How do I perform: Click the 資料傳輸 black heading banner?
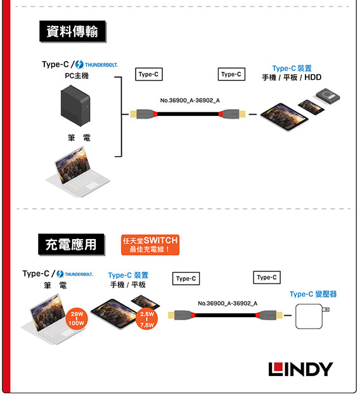(x=72, y=32)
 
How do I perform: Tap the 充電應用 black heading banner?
(x=71, y=245)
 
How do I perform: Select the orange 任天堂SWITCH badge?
(x=150, y=245)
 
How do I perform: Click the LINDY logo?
(x=300, y=369)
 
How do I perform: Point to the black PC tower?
(x=75, y=105)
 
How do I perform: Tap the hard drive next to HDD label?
(x=328, y=96)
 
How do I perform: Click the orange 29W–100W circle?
(x=77, y=318)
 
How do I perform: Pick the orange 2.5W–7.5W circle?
(x=147, y=318)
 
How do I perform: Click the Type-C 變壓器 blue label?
(x=313, y=294)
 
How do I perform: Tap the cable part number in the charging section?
(x=228, y=303)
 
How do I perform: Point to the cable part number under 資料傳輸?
(x=190, y=100)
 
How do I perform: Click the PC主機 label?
(x=77, y=75)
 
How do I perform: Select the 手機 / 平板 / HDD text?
(x=292, y=77)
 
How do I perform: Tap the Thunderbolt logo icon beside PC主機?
(x=79, y=64)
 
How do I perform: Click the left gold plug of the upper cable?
(x=134, y=114)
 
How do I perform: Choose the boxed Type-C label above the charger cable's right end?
(x=267, y=278)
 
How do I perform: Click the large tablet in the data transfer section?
(x=285, y=117)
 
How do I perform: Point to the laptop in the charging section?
(x=52, y=320)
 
